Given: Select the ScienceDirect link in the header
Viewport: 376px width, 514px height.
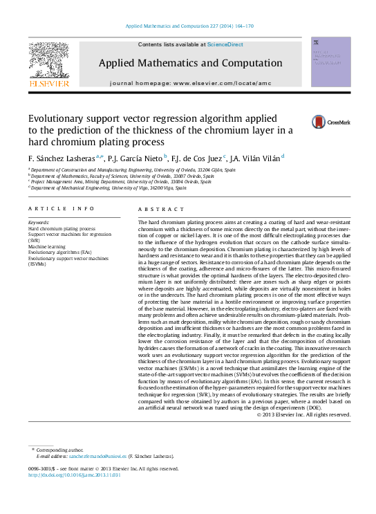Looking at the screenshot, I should coord(225,44).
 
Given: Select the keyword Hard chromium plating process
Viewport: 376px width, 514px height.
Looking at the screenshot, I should coord(62,228).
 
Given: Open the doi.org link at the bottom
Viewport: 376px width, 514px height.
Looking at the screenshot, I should coord(75,475).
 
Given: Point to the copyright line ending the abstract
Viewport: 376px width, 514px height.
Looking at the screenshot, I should coord(304,414).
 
